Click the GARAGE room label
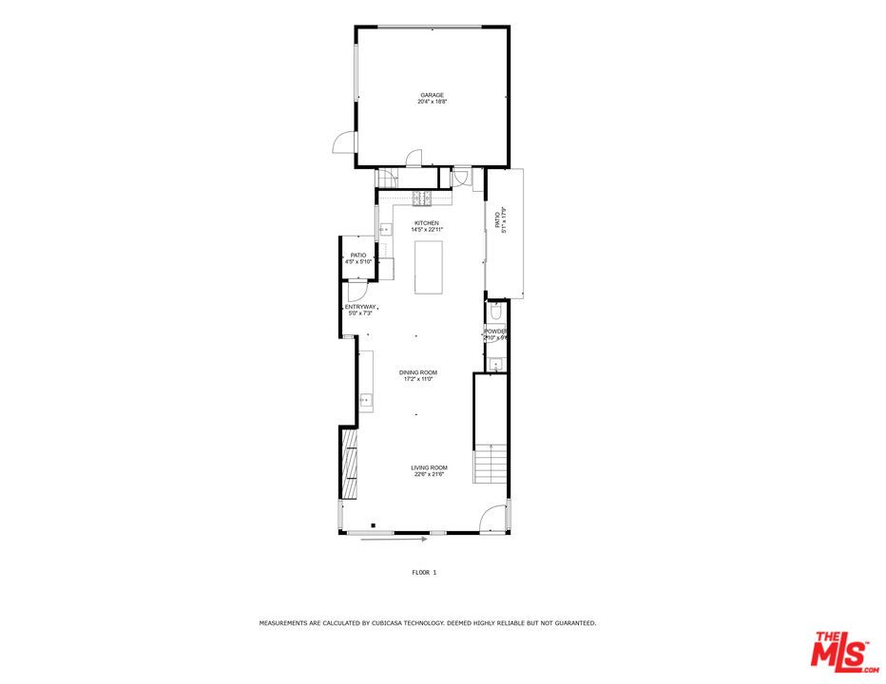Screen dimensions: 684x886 click(x=433, y=95)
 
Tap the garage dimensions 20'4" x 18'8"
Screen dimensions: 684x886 click(x=433, y=102)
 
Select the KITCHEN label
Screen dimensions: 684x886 click(x=426, y=223)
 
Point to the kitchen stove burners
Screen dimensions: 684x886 click(x=421, y=198)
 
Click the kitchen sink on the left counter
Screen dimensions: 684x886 click(x=386, y=229)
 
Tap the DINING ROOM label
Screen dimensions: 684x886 click(x=418, y=372)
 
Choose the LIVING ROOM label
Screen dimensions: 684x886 click(x=429, y=467)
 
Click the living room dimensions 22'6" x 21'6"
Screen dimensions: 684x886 click(x=430, y=475)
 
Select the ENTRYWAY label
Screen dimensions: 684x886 click(x=360, y=307)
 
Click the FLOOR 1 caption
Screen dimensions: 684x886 click(x=424, y=573)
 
